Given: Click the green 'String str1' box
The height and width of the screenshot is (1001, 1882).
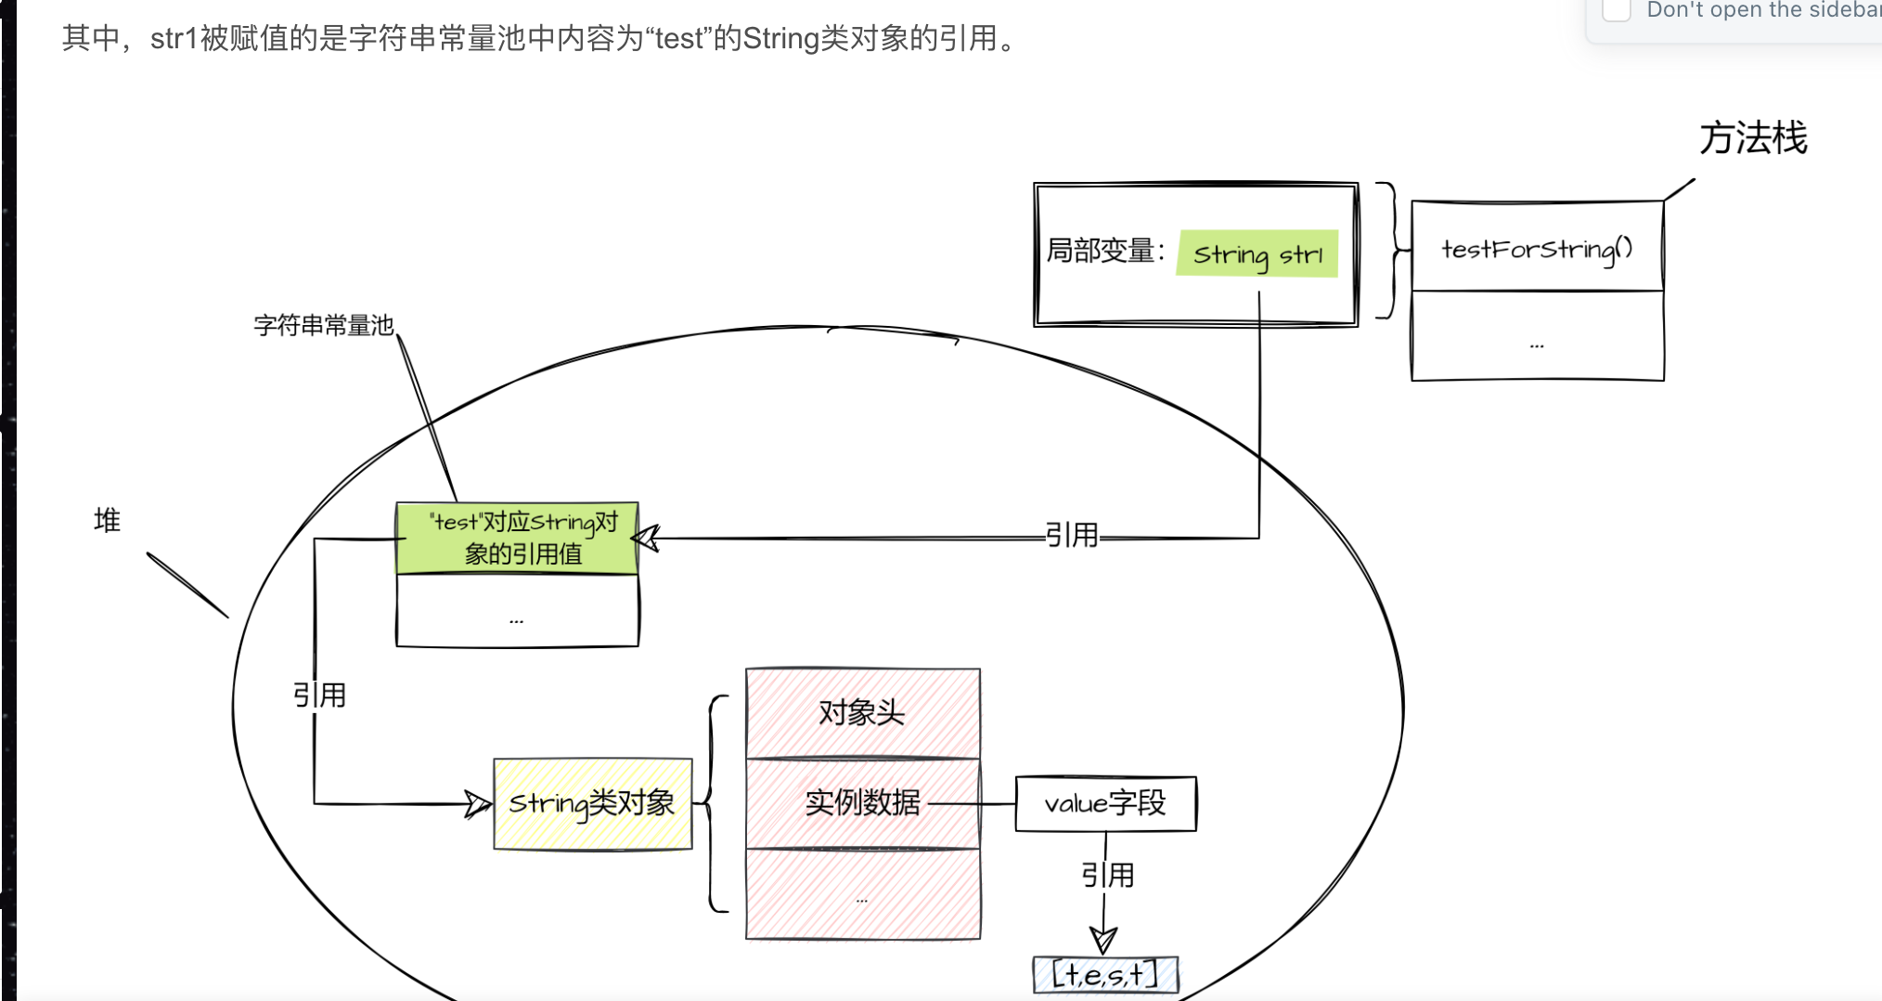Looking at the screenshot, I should pyautogui.click(x=1257, y=253).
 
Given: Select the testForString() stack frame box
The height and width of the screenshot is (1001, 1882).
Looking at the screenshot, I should pyautogui.click(x=1537, y=248).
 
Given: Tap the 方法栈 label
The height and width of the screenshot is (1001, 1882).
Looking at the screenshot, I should pyautogui.click(x=1752, y=138).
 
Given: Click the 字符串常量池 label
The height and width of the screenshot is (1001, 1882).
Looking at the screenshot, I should pyautogui.click(x=324, y=325).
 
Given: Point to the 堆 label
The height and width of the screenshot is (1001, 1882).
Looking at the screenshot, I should pyautogui.click(x=107, y=520).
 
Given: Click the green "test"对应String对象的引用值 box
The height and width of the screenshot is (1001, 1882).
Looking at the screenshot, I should pyautogui.click(x=517, y=539).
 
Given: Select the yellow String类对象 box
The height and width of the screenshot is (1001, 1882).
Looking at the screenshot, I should pyautogui.click(x=592, y=803).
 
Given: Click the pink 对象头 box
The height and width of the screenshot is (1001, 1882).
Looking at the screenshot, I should pyautogui.click(x=862, y=713).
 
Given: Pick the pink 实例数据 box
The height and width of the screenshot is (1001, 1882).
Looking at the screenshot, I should pyautogui.click(x=862, y=802).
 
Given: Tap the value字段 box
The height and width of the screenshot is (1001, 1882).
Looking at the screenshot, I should pyautogui.click(x=1105, y=803).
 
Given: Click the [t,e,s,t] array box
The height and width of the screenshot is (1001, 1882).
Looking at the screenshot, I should pyautogui.click(x=1105, y=975).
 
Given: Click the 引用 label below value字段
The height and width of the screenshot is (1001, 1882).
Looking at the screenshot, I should pyautogui.click(x=1107, y=875).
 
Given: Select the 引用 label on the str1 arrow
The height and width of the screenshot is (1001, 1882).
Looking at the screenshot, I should pyautogui.click(x=1072, y=535).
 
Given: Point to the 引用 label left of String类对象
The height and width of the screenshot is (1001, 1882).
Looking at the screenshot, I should pyautogui.click(x=319, y=695).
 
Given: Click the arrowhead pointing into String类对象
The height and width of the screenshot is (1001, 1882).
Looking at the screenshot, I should pyautogui.click(x=478, y=804).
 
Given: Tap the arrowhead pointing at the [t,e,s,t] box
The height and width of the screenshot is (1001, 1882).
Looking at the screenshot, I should pyautogui.click(x=1103, y=941).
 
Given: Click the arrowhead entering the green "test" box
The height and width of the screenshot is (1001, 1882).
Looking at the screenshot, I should pyautogui.click(x=646, y=538).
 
